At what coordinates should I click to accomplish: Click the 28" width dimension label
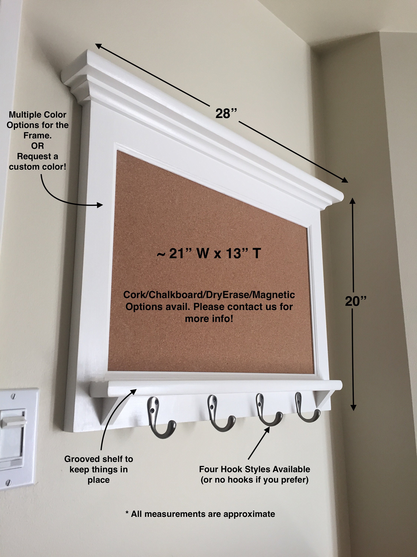tap(226, 114)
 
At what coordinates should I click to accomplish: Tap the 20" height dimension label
tap(355, 301)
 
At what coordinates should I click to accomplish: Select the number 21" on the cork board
tap(180, 253)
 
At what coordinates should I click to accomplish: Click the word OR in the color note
tap(37, 146)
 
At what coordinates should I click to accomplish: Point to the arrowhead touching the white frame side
tap(100, 205)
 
